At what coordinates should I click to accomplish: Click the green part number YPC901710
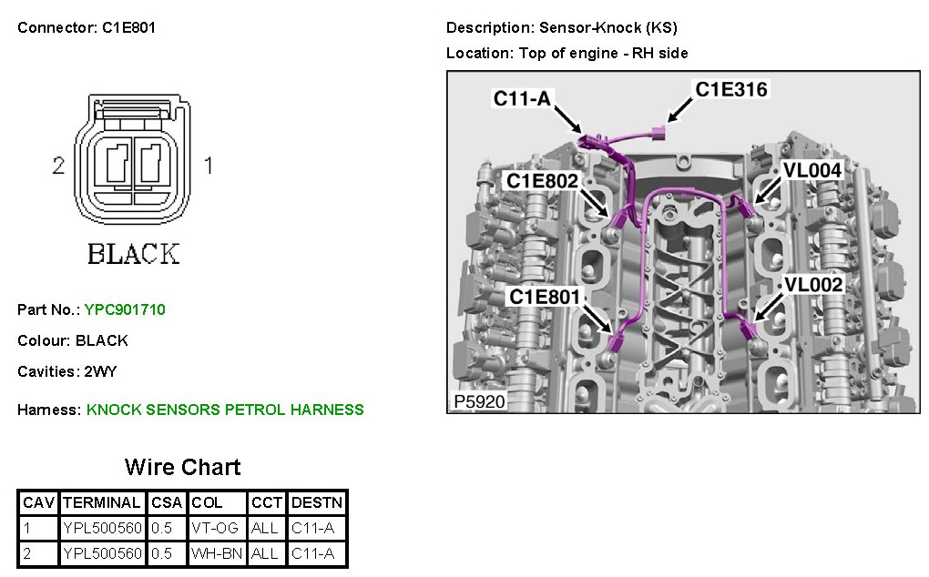[125, 309]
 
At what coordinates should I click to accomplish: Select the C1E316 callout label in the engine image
[731, 89]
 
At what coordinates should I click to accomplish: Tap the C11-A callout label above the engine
[522, 98]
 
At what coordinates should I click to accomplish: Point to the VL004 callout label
[812, 169]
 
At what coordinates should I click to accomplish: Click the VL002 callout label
[814, 284]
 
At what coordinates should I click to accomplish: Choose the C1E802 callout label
[542, 181]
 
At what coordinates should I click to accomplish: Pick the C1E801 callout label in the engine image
[544, 296]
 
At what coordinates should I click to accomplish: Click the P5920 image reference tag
[478, 401]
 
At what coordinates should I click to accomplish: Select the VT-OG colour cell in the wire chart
[216, 528]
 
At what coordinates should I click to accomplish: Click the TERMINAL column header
[102, 502]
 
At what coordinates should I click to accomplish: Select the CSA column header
[166, 502]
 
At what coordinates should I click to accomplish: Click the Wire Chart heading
[182, 468]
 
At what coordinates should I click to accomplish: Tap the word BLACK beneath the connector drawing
[133, 254]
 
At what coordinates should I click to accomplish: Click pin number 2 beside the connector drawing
[58, 167]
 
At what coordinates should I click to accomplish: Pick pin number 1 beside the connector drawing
[208, 167]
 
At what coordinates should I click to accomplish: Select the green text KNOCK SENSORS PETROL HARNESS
[225, 410]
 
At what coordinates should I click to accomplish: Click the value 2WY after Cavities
[100, 371]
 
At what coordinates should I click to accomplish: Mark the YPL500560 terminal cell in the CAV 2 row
[102, 553]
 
